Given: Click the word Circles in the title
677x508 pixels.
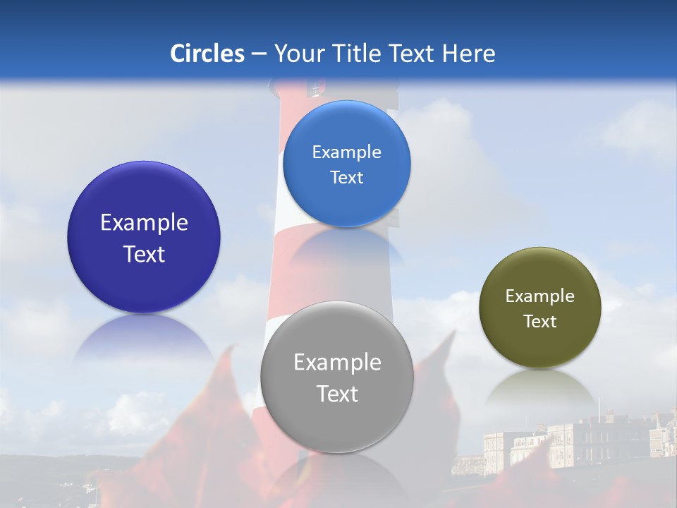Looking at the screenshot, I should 207,54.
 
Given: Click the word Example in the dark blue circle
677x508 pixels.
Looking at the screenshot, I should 144,223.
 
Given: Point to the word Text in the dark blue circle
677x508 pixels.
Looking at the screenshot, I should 144,254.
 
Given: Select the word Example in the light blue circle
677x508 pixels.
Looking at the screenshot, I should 346,152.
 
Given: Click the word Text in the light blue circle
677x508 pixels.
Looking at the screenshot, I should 346,178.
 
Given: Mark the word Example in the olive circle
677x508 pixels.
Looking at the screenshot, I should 540,296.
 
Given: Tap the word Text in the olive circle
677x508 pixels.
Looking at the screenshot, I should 540,322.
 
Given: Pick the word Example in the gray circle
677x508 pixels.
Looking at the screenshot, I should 337,363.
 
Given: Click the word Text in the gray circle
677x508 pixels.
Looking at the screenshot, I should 337,394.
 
